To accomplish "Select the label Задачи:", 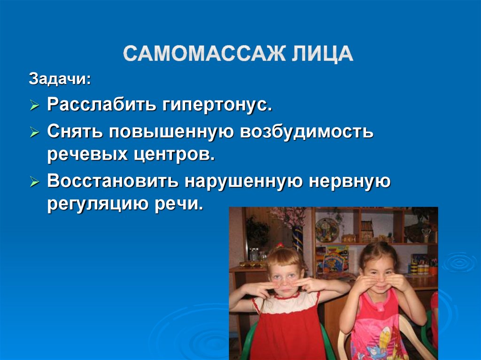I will (60, 78).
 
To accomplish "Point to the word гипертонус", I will (217, 105).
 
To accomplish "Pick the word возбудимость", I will (307, 132).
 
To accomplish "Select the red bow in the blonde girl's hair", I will (280, 246).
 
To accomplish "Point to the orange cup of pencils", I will (433, 269).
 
